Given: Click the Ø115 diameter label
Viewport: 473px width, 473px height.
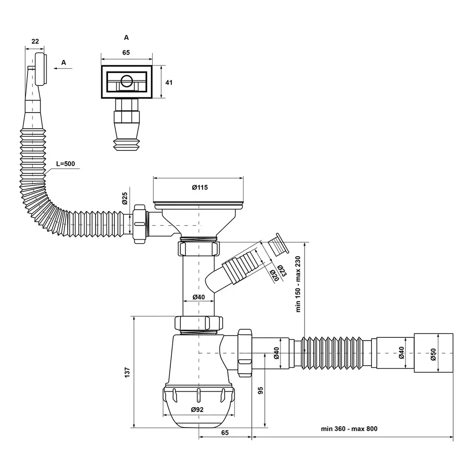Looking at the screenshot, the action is click(200, 187).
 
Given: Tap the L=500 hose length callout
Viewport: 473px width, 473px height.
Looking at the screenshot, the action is click(65, 164).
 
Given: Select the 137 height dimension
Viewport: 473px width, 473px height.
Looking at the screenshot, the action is click(127, 372).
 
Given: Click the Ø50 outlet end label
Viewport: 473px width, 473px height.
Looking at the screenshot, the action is click(433, 354).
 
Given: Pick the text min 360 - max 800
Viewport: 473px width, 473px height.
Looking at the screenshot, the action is click(349, 429).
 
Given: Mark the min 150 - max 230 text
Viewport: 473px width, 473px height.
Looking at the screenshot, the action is click(298, 284).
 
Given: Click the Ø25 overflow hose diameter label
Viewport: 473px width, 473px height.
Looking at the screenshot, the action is click(125, 199).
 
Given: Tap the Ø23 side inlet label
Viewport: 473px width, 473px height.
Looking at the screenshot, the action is click(282, 271).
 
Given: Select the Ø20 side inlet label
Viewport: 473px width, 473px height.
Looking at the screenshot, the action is click(274, 275).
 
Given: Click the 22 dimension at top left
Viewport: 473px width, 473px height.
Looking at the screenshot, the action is click(35, 41).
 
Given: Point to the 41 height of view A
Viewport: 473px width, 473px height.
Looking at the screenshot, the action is click(169, 82).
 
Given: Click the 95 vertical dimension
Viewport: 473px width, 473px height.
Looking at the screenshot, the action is click(261, 390).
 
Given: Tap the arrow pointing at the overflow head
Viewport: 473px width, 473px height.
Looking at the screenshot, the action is click(63, 69).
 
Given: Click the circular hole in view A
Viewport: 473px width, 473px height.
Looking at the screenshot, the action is click(126, 80).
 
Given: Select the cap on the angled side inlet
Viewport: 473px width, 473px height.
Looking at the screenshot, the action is click(279, 243).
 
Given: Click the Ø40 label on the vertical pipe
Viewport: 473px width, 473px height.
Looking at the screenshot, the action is click(199, 297).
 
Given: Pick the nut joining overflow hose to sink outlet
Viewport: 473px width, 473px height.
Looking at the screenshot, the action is click(140, 224).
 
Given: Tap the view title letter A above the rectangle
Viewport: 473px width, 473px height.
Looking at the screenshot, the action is click(126, 37).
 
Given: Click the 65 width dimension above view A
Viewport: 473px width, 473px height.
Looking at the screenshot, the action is click(126, 53).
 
